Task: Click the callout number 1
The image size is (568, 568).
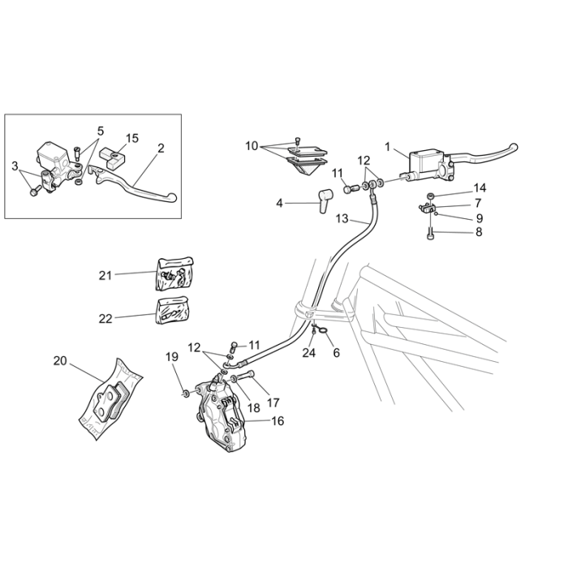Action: [x=388, y=147]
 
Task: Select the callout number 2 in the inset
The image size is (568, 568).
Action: [x=161, y=148]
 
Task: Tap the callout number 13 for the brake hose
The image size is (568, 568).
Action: [x=342, y=218]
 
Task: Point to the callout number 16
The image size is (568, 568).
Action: [x=278, y=421]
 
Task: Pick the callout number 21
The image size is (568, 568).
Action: [x=105, y=275]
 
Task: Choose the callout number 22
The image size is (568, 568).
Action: [x=105, y=319]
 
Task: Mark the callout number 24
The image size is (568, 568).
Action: [x=308, y=353]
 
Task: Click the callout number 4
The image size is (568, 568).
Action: [x=280, y=203]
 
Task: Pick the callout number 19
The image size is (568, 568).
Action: [x=171, y=356]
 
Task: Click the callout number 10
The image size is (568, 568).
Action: [x=252, y=146]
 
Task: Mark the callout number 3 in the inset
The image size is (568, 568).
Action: [x=15, y=166]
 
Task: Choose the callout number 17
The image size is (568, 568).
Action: [x=273, y=401]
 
